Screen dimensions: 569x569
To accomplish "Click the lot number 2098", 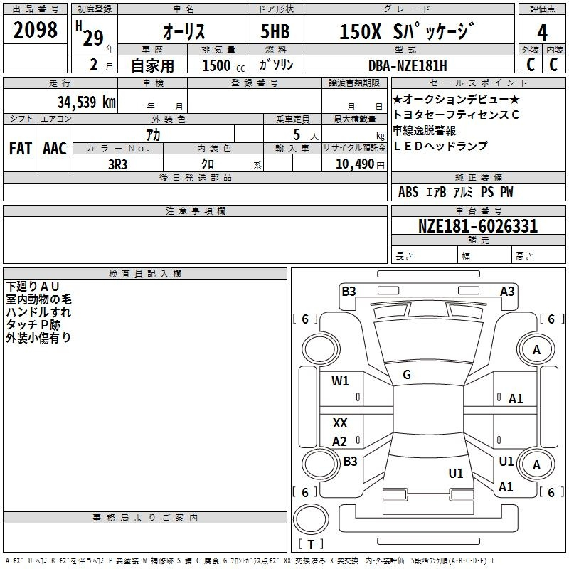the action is point(35,30).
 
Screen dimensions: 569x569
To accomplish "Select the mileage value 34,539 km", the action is point(87,102).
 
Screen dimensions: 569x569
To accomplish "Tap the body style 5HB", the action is point(275,31).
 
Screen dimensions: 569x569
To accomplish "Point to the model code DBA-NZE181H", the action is point(408,65).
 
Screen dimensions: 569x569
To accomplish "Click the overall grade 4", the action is point(542,33).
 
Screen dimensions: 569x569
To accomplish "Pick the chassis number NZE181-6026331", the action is point(477,226).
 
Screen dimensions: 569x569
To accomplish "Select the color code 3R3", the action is point(117,164).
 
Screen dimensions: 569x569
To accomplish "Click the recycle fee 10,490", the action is point(355,164).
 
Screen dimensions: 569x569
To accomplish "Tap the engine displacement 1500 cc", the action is point(223,65).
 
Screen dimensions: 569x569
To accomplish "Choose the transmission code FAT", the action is point(21,149).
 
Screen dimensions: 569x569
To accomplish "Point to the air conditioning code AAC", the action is point(55,149).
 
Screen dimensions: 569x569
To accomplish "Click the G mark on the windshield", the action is point(407,375).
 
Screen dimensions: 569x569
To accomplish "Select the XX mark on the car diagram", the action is point(340,422).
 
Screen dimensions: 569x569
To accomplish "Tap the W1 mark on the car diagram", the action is point(340,381).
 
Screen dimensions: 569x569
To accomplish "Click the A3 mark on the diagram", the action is point(507,292).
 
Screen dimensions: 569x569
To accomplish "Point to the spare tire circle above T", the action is point(311,519).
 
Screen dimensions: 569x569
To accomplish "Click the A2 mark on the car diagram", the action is point(340,442).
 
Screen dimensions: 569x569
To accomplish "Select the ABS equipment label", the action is point(408,192).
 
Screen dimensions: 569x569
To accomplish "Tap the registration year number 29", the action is point(93,38).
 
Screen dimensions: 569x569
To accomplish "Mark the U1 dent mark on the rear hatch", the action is point(456,474).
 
